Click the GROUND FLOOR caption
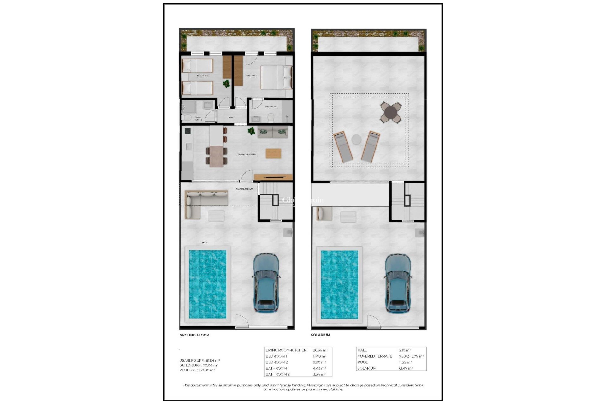(x=194, y=335)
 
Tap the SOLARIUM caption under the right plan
(x=320, y=335)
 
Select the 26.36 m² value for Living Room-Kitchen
(x=320, y=350)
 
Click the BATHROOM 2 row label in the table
(x=277, y=374)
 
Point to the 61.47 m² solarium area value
(x=406, y=368)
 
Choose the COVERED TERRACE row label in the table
(x=375, y=356)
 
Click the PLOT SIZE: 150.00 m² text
(x=197, y=370)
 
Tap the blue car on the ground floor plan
(x=266, y=283)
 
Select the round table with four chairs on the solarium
(x=391, y=112)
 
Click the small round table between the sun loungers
(x=356, y=140)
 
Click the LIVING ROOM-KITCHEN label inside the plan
(x=246, y=154)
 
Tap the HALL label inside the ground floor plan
(x=231, y=117)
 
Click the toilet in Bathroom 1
(x=270, y=118)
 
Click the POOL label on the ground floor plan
(x=205, y=242)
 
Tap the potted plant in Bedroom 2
(x=226, y=84)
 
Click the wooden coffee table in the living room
(x=273, y=153)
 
